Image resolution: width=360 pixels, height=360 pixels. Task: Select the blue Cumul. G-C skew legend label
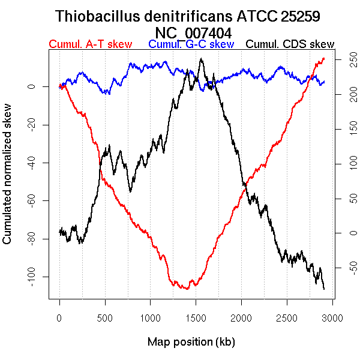[x=191, y=44]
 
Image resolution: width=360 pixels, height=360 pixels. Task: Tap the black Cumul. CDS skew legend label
[x=290, y=44]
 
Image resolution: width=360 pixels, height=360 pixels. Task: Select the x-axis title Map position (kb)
[x=191, y=342]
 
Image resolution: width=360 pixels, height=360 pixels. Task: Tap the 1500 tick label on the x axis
[x=241, y=317]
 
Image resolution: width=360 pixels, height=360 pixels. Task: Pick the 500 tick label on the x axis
[x=105, y=317]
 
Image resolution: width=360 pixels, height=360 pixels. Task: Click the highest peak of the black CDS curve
[x=201, y=58]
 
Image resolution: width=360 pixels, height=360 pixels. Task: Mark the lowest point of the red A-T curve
[x=188, y=289]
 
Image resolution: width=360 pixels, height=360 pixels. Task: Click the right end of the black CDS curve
[x=324, y=289]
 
